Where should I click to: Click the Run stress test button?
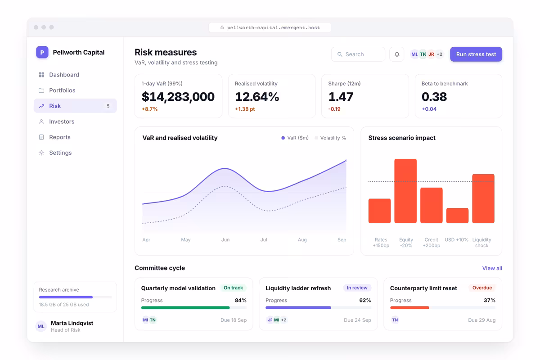click(x=476, y=54)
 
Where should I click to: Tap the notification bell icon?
click(x=397, y=54)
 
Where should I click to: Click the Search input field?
click(x=358, y=54)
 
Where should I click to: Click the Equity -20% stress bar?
click(x=405, y=191)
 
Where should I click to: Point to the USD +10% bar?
click(x=457, y=216)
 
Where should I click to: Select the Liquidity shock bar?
click(x=483, y=198)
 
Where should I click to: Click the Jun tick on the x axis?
click(x=225, y=240)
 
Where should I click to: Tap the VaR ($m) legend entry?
click(x=295, y=138)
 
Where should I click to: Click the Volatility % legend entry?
click(x=330, y=138)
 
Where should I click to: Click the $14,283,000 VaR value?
click(x=178, y=97)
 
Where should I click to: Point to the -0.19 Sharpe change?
click(x=334, y=109)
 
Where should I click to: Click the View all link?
click(x=492, y=268)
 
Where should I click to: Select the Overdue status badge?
click(x=482, y=288)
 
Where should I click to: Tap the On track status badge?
click(x=233, y=288)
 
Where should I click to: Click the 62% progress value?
click(x=365, y=301)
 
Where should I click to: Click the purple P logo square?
click(x=42, y=52)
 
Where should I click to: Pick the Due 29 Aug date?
click(x=481, y=320)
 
